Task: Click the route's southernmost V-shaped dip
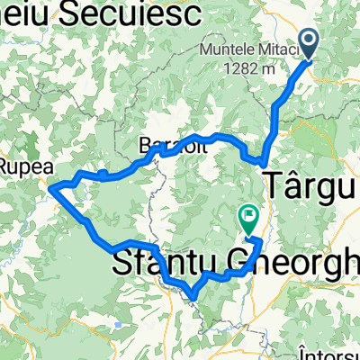192,294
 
